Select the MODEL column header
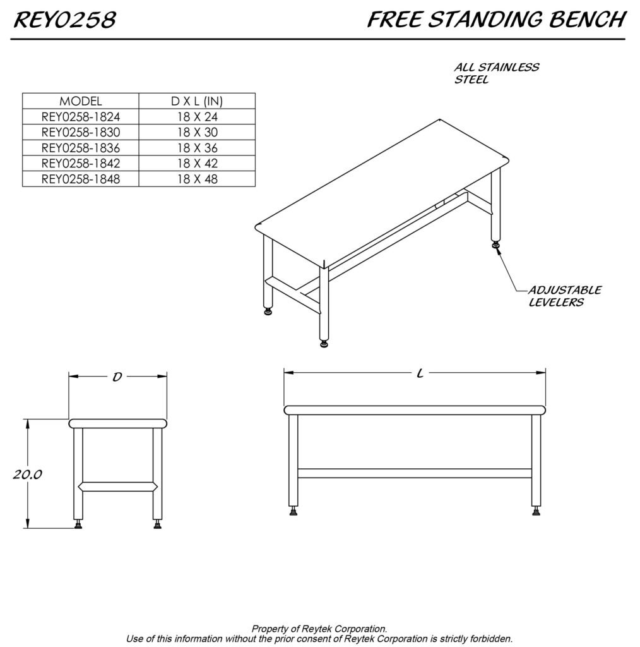coord(80,101)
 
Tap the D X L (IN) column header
coord(197,101)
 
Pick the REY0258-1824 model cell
coord(80,117)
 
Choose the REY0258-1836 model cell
coord(80,148)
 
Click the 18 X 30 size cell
coord(197,132)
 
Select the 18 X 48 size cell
coord(197,179)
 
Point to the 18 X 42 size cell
coord(197,163)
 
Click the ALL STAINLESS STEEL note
coord(496,73)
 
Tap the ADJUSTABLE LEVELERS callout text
coord(564,296)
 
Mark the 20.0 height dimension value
coord(27,475)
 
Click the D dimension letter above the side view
coord(117,377)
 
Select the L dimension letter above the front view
coord(419,373)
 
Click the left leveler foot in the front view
coord(293,510)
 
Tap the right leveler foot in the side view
coord(157,523)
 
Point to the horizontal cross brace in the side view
coord(117,486)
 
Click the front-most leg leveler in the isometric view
coord(324,343)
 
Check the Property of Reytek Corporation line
coord(319,629)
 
